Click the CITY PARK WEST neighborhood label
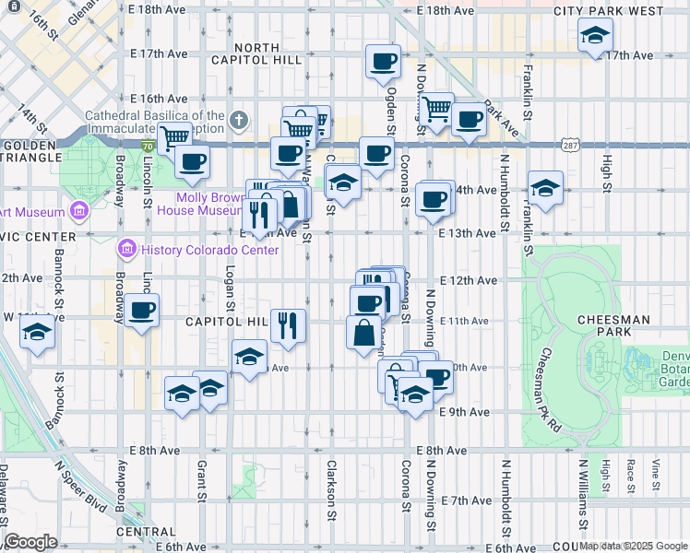click(x=608, y=11)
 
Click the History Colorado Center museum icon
click(x=126, y=250)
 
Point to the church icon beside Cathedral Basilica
click(x=239, y=121)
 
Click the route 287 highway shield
click(x=569, y=146)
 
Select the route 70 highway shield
click(x=148, y=146)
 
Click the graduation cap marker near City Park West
click(x=595, y=36)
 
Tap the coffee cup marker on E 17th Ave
click(x=383, y=61)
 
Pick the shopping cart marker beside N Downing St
click(x=437, y=109)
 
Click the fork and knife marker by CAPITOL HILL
click(x=289, y=324)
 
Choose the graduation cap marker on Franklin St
click(x=545, y=187)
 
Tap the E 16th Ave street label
click(x=159, y=99)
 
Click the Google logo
click(x=30, y=542)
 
